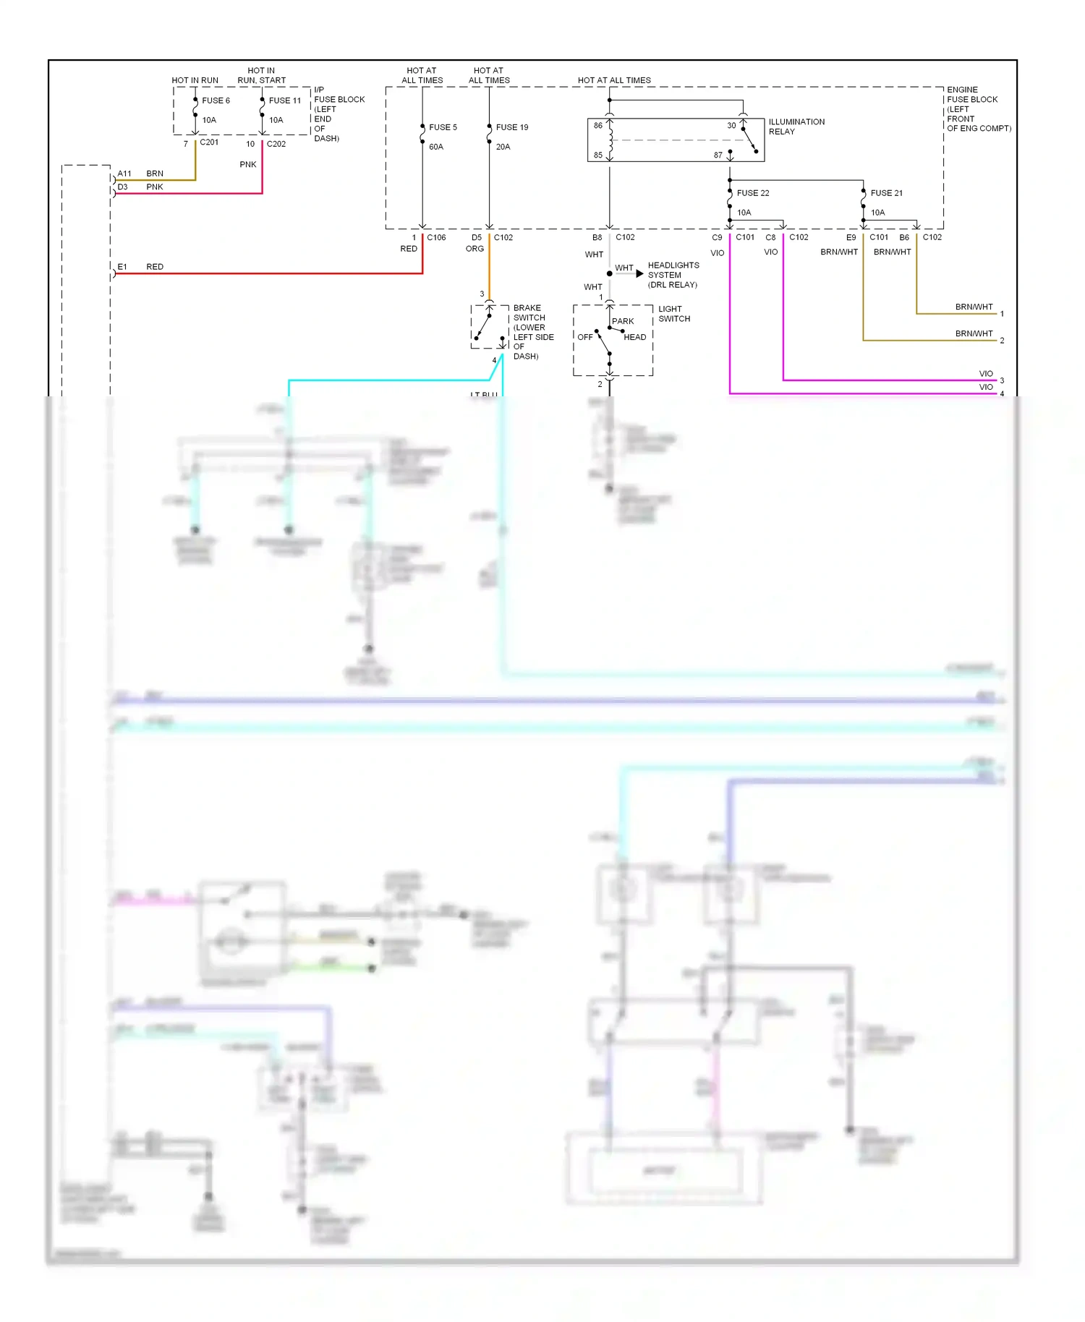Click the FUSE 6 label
[x=216, y=101]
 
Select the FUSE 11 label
[x=284, y=101]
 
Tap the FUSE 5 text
[x=443, y=127]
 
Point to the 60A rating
[x=436, y=147]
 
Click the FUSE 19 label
[x=512, y=127]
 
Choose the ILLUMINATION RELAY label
[x=796, y=127]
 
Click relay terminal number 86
[x=598, y=126]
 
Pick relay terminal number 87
[x=718, y=155]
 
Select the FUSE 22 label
[x=753, y=193]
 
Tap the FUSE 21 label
[x=887, y=193]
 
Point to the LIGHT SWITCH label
[x=674, y=314]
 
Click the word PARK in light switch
[x=623, y=321]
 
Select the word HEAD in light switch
[x=635, y=337]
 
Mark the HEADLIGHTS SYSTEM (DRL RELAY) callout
[x=673, y=275]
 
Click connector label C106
[x=436, y=237]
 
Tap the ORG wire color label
[x=475, y=249]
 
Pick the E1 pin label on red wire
[x=122, y=267]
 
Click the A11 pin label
[x=124, y=174]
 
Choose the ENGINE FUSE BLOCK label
[x=978, y=109]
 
